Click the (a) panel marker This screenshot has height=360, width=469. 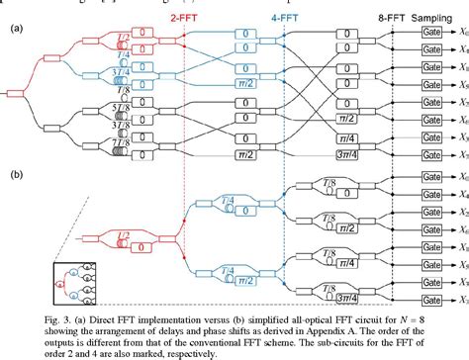pos(17,30)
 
